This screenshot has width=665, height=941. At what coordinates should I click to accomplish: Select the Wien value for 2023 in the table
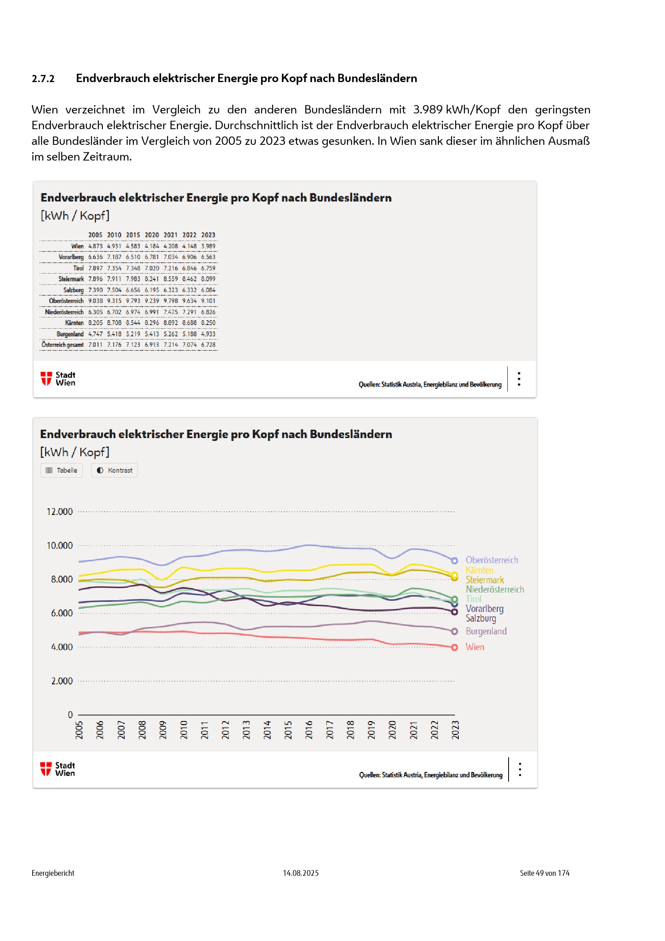pyautogui.click(x=208, y=246)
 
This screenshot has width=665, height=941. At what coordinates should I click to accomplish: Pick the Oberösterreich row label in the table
pyautogui.click(x=66, y=301)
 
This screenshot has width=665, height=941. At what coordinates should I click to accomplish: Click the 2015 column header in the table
pyautogui.click(x=133, y=235)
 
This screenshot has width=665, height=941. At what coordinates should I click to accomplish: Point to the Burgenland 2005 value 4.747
pyautogui.click(x=95, y=334)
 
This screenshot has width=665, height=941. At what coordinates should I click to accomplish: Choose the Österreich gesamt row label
pyautogui.click(x=62, y=345)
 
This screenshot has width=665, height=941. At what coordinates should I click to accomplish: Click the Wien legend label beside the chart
pyautogui.click(x=474, y=647)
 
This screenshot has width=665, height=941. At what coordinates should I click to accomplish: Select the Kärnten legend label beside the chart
pyautogui.click(x=479, y=570)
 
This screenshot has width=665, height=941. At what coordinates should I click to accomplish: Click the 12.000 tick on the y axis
pyautogui.click(x=60, y=511)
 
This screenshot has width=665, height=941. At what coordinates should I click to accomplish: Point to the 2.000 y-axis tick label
pyautogui.click(x=62, y=681)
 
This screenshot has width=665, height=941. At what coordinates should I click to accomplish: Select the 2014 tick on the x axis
pyautogui.click(x=267, y=730)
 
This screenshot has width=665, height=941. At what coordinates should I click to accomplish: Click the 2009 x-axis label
pyautogui.click(x=162, y=730)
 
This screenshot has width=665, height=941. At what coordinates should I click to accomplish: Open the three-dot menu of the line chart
pyautogui.click(x=519, y=769)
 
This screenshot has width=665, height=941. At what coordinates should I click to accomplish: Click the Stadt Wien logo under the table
pyautogui.click(x=58, y=379)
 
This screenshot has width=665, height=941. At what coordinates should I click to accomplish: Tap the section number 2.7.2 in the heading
pyautogui.click(x=43, y=78)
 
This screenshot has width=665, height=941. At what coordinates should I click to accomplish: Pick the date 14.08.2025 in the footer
pyautogui.click(x=301, y=873)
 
